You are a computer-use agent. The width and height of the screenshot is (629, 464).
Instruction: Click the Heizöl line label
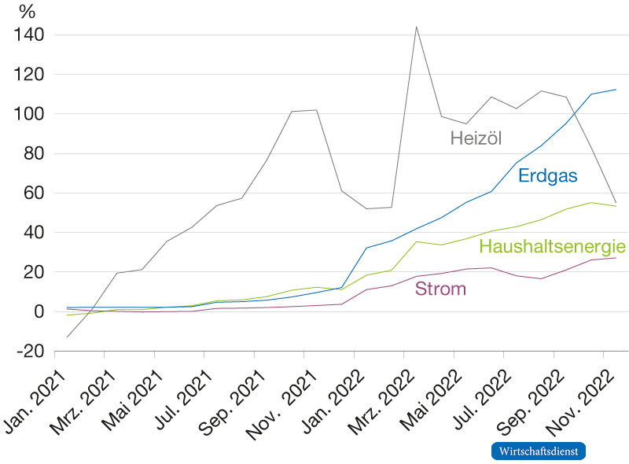(476, 138)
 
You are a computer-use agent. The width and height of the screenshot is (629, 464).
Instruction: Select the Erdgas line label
(547, 176)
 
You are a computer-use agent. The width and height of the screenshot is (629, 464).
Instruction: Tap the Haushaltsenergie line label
(553, 246)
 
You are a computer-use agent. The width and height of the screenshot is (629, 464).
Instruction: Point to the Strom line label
(440, 289)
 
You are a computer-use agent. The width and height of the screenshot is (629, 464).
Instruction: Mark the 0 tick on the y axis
(38, 311)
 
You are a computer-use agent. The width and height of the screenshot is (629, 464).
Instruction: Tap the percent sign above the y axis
(28, 12)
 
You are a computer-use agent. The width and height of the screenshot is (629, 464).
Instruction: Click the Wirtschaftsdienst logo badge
(539, 451)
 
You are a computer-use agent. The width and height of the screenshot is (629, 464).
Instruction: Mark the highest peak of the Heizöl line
(416, 27)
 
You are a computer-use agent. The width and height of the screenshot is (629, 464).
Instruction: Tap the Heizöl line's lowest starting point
(67, 337)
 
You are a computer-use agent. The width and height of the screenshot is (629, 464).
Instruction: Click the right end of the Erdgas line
(616, 90)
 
